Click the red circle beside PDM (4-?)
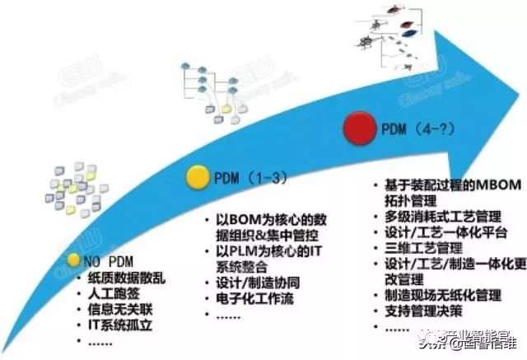[x=359, y=131]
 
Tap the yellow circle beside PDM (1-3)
[x=198, y=175]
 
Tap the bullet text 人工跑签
[x=113, y=293]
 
